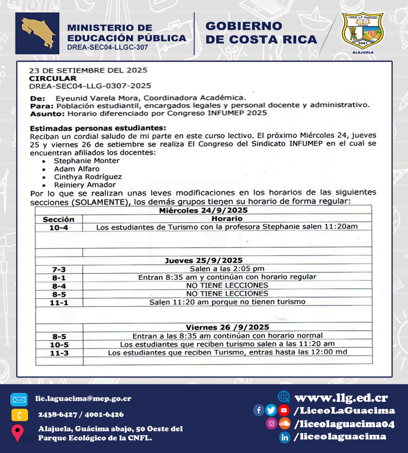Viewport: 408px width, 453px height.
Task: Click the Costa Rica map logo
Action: tap(37, 33)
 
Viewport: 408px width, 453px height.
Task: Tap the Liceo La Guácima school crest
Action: tap(363, 32)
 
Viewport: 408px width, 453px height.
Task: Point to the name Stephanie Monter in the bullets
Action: tap(86, 161)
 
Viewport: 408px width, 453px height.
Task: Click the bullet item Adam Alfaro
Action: tap(76, 169)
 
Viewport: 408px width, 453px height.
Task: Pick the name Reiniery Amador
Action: tap(85, 185)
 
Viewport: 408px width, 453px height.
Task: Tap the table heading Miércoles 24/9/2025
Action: tap(203, 211)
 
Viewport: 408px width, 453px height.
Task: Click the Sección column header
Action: tap(59, 219)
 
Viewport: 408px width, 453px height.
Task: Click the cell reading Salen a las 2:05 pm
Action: tap(227, 269)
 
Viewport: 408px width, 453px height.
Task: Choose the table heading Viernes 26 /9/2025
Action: tap(227, 327)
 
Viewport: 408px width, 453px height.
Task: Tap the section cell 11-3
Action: tap(59, 353)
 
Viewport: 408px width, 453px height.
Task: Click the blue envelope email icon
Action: tap(19, 399)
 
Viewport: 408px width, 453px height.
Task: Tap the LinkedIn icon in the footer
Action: tap(284, 437)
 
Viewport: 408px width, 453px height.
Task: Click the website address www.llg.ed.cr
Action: tap(341, 398)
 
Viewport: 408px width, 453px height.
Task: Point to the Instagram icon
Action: tap(271, 424)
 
